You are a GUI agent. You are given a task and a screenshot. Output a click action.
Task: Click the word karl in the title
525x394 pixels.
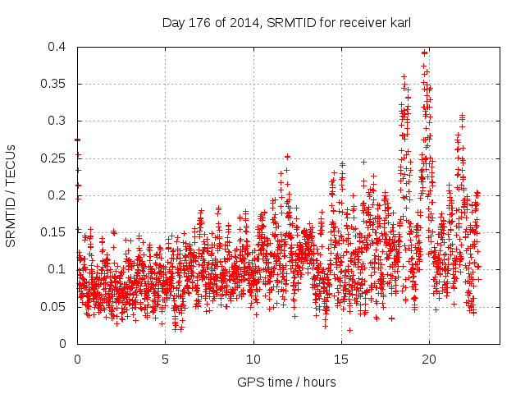399,22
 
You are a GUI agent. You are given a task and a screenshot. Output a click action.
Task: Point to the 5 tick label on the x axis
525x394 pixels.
166,359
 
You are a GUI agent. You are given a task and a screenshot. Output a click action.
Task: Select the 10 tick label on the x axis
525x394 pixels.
253,359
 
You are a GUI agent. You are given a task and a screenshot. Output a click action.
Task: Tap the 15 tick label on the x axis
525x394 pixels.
341,359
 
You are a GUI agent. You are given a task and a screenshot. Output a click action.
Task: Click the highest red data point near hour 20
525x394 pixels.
424,53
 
